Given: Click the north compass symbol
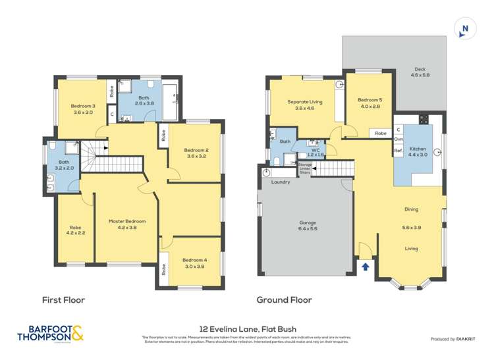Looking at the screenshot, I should click(465, 28).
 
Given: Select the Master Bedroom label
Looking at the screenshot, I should click(126, 221).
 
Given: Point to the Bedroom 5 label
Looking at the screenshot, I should click(371, 99).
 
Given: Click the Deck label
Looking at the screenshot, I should click(420, 69).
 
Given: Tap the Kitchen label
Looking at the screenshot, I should click(418, 149).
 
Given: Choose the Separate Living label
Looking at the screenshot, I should click(304, 101).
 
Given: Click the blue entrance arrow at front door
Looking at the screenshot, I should click(366, 267).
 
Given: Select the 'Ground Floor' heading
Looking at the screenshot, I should click(284, 299).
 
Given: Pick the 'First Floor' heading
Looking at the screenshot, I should click(63, 299).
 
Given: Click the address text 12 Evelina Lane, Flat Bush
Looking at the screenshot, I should click(248, 328).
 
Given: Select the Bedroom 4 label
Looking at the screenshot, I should click(194, 260).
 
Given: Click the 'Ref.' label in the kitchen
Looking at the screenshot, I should click(398, 151).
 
